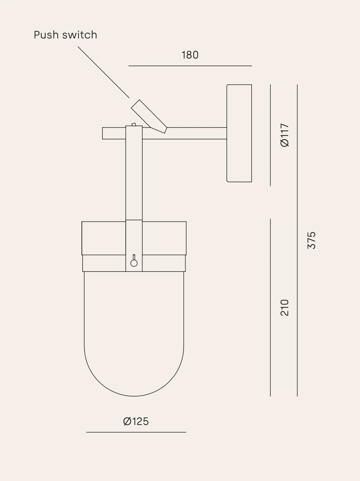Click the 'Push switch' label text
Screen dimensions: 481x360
pyautogui.click(x=65, y=35)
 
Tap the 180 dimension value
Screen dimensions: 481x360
pyautogui.click(x=190, y=55)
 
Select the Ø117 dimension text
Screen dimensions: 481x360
pyautogui.click(x=285, y=135)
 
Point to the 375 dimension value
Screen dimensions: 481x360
pyautogui.click(x=312, y=240)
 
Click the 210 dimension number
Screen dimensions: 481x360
pyautogui.click(x=285, y=307)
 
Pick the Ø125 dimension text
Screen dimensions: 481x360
pyautogui.click(x=136, y=421)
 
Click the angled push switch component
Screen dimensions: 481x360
pyautogui.click(x=149, y=116)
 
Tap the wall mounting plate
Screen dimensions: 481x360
pyautogui.click(x=239, y=133)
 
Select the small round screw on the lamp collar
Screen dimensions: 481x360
pyautogui.click(x=134, y=263)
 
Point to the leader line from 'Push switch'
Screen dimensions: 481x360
pyautogui.click(x=103, y=72)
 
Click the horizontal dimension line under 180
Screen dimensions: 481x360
pyautogui.click(x=190, y=66)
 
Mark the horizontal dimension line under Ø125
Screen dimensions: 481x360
pyautogui.click(x=136, y=432)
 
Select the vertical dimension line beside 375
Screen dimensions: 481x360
pyautogui.click(x=297, y=240)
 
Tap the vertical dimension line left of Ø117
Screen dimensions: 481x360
pyautogui.click(x=270, y=135)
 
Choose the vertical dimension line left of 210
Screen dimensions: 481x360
pyautogui.click(x=270, y=307)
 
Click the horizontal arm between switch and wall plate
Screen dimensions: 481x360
pyautogui.click(x=196, y=133)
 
